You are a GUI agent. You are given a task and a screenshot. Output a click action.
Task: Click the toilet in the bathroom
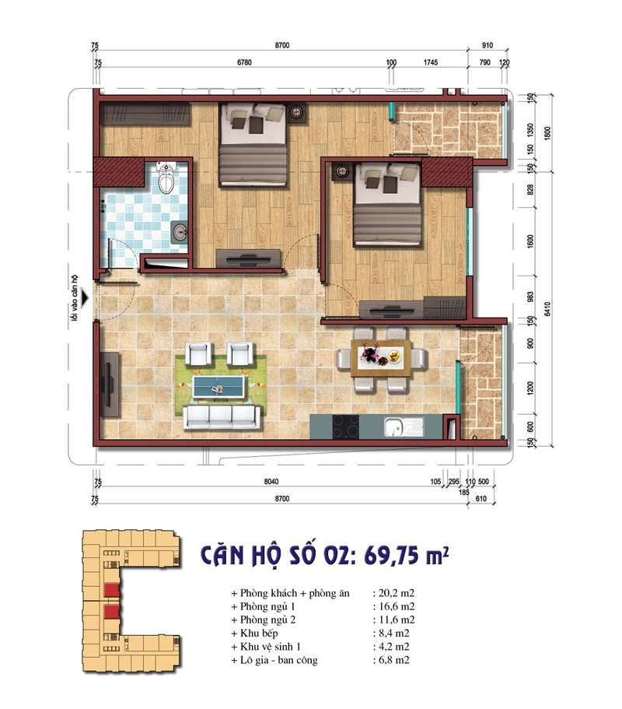166,177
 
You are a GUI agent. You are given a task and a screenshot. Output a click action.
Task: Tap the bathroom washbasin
180,233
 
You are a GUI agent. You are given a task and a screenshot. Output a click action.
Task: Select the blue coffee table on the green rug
218,387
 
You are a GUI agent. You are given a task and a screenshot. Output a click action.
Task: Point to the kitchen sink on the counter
404,427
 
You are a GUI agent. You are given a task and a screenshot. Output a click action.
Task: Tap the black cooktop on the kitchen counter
346,426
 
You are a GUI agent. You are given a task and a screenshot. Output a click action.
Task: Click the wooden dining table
381,359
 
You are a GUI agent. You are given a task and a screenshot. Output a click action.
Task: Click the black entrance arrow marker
85,299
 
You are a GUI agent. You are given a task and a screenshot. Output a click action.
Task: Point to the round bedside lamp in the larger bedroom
297,111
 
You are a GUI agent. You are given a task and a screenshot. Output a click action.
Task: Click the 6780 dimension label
244,62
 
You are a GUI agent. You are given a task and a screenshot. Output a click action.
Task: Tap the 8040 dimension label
271,482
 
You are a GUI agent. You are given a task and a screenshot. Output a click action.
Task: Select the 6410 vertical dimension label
547,309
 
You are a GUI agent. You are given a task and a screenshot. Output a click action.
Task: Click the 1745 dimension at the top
431,62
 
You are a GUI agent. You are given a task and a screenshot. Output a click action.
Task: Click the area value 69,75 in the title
390,555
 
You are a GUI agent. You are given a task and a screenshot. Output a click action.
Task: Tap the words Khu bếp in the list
259,634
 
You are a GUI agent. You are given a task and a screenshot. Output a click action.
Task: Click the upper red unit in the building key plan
111,590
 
